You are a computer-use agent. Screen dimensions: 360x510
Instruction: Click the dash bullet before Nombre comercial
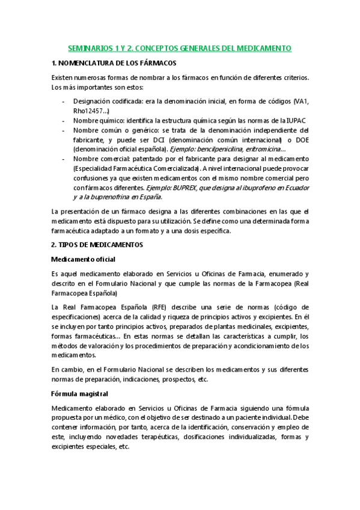[x=64, y=159]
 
